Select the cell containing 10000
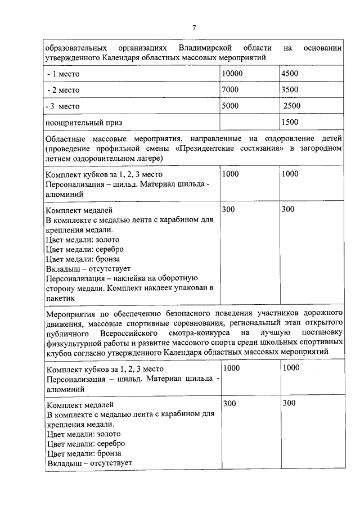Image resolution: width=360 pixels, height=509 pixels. [232, 73]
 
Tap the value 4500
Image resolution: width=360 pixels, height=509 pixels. [290, 73]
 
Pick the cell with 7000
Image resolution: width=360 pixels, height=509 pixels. [230, 89]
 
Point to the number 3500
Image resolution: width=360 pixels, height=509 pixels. [290, 89]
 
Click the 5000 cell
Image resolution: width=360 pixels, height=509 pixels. [230, 105]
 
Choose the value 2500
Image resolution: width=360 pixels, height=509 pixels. [292, 106]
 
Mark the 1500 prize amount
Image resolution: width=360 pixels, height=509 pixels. [290, 121]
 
